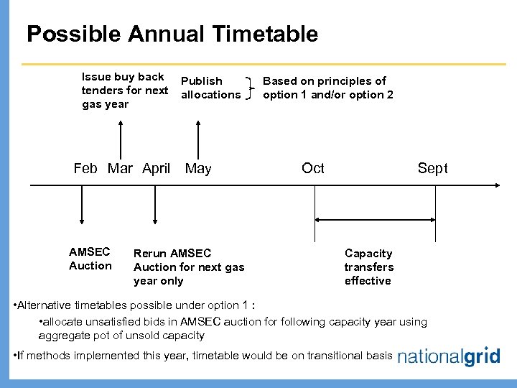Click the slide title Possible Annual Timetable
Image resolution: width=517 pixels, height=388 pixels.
click(172, 34)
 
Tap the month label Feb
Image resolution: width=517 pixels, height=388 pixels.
click(85, 169)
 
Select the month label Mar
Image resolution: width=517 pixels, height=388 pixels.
click(120, 169)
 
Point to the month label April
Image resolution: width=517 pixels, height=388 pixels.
click(156, 169)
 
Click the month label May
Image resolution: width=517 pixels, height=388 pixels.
click(198, 169)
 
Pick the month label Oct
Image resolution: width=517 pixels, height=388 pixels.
click(313, 168)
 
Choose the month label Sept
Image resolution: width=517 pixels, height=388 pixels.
click(432, 168)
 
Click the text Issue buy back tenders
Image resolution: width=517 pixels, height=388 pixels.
click(125, 91)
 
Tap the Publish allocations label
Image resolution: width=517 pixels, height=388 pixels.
click(210, 88)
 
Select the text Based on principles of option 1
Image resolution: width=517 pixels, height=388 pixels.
click(328, 88)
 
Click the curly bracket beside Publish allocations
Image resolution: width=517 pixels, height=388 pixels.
click(249, 88)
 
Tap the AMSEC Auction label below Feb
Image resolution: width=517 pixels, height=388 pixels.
click(90, 259)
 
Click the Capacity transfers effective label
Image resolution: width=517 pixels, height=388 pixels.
click(368, 267)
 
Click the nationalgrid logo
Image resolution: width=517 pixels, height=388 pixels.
click(449, 357)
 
